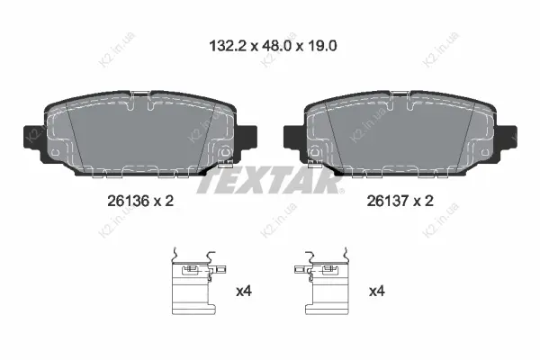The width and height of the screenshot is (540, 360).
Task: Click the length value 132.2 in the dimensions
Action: pyautogui.click(x=228, y=46)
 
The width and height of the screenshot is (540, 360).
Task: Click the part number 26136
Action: pyautogui.click(x=128, y=201)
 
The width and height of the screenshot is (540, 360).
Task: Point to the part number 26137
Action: pyautogui.click(x=388, y=201)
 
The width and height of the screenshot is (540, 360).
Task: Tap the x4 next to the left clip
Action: pyautogui.click(x=244, y=292)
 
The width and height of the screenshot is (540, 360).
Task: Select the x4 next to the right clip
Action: pyautogui.click(x=377, y=292)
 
